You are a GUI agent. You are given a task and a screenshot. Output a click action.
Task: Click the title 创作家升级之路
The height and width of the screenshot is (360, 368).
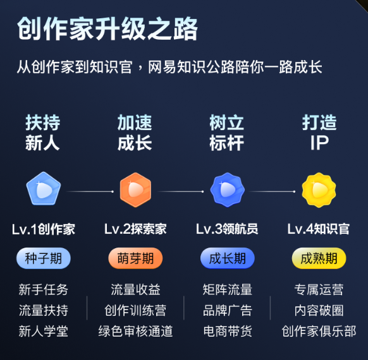(107, 28)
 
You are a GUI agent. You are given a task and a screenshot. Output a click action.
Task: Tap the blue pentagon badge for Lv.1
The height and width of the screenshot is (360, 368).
(44, 189)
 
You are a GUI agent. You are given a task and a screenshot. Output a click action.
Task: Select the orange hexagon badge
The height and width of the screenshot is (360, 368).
(135, 189)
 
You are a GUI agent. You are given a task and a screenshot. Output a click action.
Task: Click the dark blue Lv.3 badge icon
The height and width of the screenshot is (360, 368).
(227, 189)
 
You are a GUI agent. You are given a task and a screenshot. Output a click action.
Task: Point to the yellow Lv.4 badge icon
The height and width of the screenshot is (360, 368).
(319, 190)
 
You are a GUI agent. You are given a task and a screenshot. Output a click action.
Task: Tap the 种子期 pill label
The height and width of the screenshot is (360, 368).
(44, 258)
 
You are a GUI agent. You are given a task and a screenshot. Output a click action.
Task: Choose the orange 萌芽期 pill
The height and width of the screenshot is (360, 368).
(135, 258)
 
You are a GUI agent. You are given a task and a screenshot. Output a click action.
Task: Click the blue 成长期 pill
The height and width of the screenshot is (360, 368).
(228, 258)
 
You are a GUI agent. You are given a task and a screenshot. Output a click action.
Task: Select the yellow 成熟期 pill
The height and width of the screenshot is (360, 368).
(319, 258)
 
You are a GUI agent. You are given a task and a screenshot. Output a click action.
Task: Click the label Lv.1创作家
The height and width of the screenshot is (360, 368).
(44, 229)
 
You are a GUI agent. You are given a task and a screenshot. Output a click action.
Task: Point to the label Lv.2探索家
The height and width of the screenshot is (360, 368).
(135, 229)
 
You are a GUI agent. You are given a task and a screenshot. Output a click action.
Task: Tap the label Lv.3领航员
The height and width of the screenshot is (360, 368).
(227, 229)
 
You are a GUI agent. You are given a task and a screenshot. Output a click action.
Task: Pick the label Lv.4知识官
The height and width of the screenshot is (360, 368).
(319, 229)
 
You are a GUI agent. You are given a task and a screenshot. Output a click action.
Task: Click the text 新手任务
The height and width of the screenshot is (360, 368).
(44, 290)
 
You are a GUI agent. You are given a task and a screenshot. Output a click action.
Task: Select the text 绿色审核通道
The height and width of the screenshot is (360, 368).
(135, 331)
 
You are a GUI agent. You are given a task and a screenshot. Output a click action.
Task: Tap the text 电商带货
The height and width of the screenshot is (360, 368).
(228, 331)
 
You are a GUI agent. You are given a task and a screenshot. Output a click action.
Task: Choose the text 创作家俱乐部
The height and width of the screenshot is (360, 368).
(319, 331)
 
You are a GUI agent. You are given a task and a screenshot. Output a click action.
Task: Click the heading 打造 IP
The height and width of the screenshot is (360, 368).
(319, 133)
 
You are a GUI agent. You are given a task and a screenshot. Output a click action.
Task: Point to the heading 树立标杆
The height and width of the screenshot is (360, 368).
(227, 133)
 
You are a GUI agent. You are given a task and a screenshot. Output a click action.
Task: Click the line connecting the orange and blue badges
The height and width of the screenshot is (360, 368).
(181, 191)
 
